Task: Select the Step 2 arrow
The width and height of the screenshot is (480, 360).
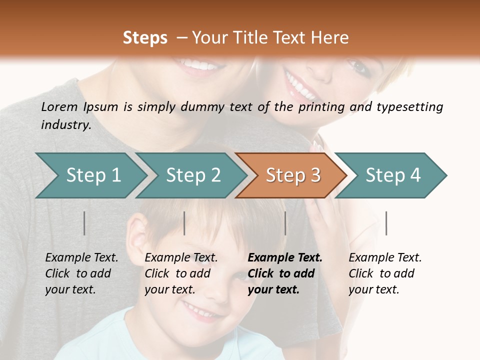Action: (193, 175)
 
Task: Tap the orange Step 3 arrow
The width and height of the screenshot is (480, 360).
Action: (293, 175)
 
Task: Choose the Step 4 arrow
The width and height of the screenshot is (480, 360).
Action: (393, 175)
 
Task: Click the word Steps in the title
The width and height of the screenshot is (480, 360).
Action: (145, 38)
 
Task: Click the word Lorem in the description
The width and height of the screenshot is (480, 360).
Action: (59, 106)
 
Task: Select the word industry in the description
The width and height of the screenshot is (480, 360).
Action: (66, 125)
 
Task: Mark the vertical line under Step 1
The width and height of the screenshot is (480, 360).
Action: (84, 223)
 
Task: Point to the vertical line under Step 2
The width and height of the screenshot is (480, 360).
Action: (184, 223)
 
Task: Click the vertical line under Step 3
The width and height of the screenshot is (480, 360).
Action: (285, 223)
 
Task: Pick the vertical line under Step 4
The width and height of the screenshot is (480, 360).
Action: (386, 223)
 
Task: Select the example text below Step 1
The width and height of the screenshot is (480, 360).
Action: (81, 273)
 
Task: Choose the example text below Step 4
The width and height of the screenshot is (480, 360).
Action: (385, 273)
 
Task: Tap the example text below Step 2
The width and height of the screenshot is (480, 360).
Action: (181, 273)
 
